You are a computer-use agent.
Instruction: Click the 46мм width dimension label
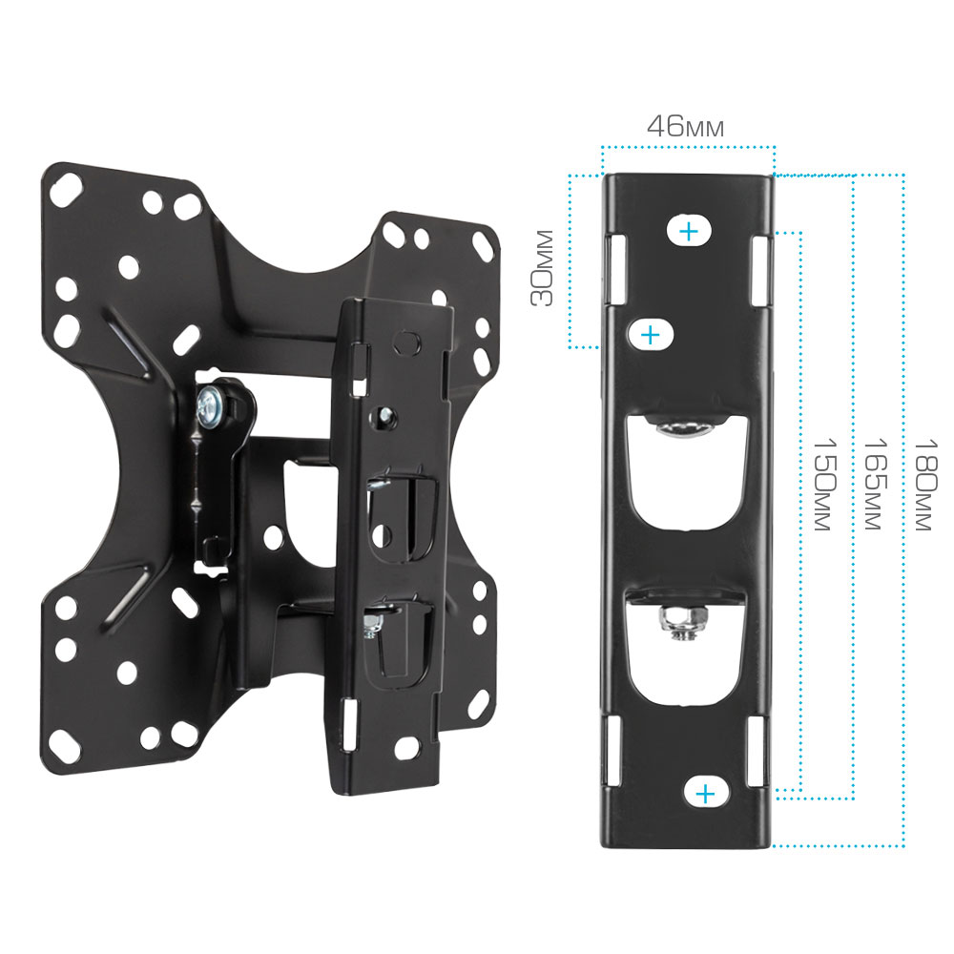[x=685, y=126]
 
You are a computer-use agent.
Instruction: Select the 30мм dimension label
[x=542, y=267]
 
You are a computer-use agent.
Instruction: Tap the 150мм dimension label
[x=825, y=484]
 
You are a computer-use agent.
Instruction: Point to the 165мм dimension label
[x=876, y=484]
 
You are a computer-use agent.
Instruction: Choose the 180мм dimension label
[x=926, y=484]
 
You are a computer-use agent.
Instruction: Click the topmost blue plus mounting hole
[x=689, y=231]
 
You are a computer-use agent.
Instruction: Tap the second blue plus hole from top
[x=651, y=335]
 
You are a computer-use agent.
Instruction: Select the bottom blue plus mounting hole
[x=705, y=794]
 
